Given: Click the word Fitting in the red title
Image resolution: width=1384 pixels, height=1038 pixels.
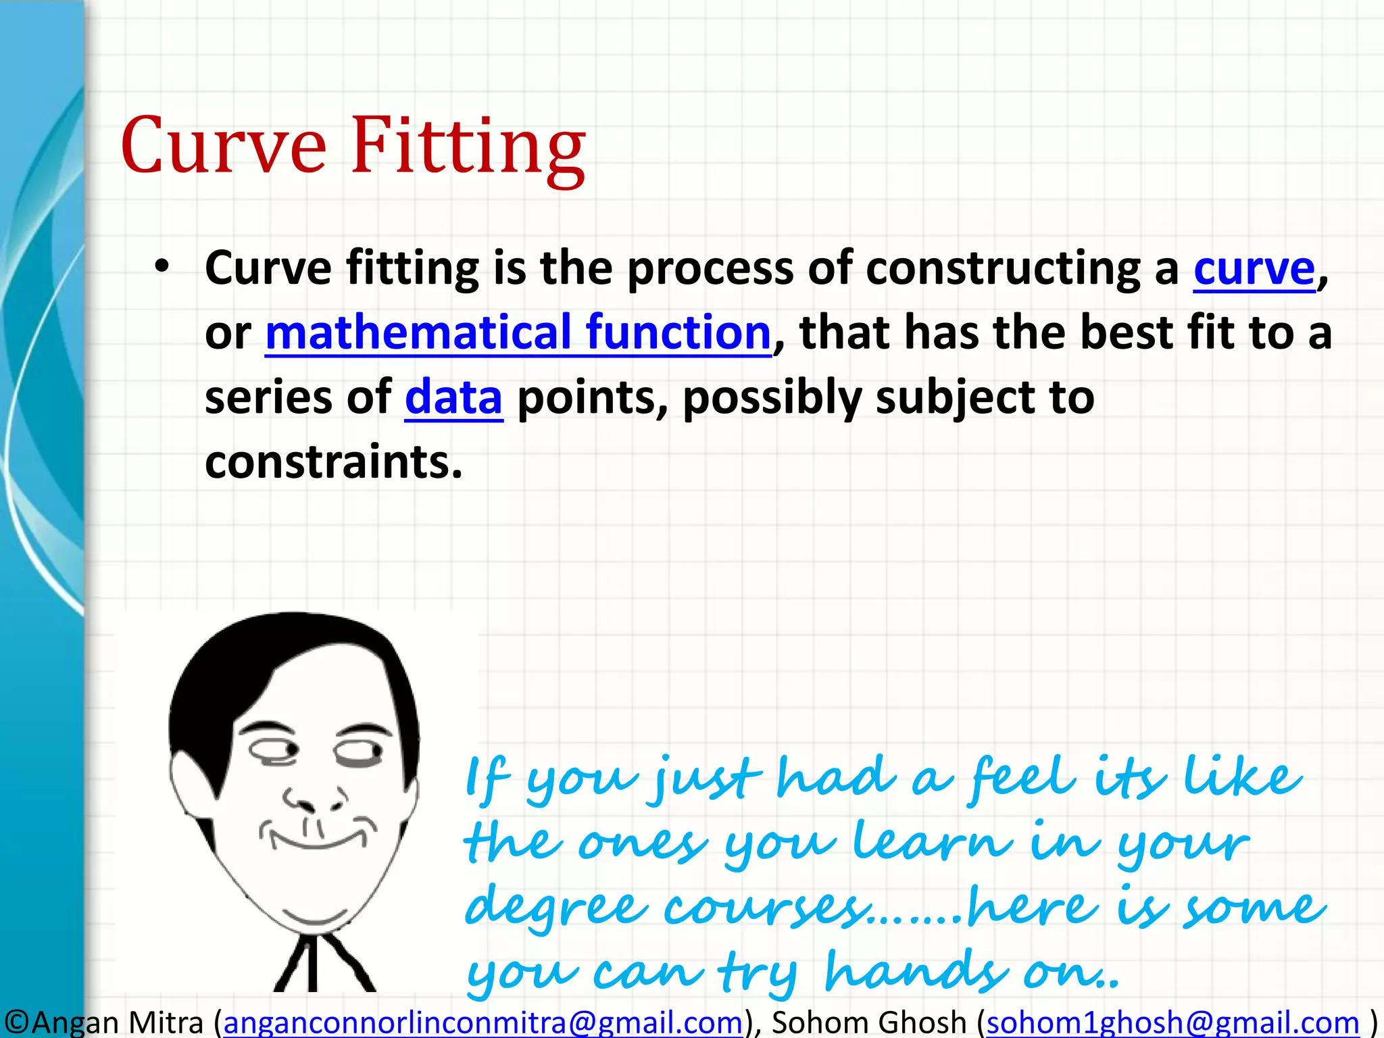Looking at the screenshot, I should click(468, 147).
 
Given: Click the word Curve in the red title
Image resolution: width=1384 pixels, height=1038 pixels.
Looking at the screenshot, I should click(224, 147).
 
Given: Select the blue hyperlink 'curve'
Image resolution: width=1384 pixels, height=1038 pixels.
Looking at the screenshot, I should click(1254, 269).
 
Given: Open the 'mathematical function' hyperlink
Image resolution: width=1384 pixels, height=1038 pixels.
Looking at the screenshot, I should click(518, 333).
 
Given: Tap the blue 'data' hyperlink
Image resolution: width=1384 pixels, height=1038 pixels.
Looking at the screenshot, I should click(453, 398).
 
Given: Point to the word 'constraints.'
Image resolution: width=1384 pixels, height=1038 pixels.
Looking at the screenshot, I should click(334, 462).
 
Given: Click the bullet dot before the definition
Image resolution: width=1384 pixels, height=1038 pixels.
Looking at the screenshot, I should click(161, 267).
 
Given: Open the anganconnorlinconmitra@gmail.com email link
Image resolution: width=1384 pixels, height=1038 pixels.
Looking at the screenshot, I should click(483, 1022).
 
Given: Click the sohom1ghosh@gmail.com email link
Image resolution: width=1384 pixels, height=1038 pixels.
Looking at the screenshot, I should click(1172, 1022).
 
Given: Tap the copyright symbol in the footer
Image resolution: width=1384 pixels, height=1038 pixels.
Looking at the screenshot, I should click(15, 1022).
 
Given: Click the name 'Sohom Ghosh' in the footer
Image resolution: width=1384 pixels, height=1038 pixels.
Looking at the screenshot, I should click(869, 1022).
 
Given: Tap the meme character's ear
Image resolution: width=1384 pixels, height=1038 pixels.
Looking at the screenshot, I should click(184, 784).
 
